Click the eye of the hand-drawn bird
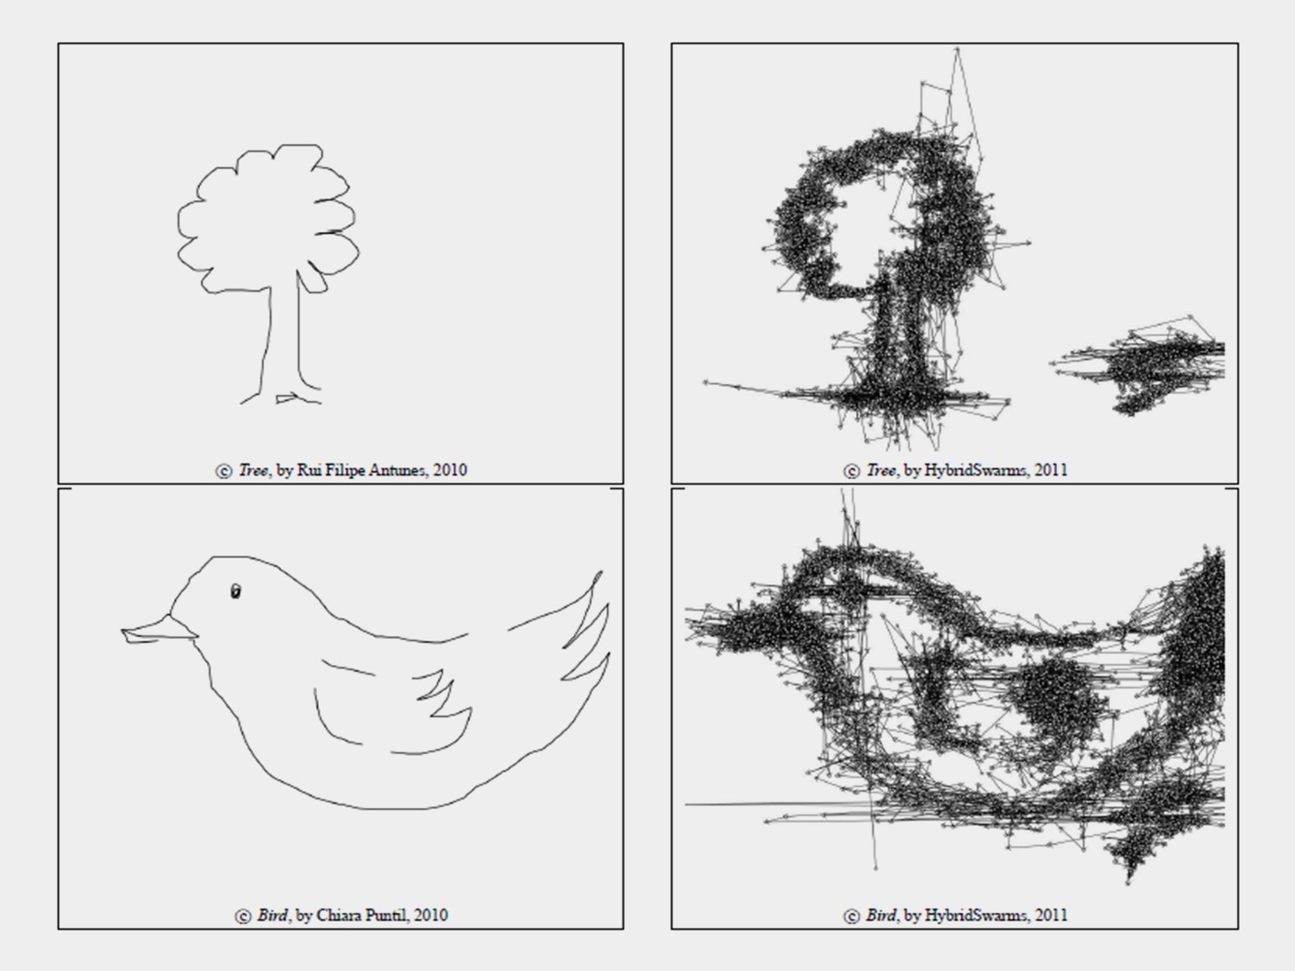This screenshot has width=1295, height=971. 235,591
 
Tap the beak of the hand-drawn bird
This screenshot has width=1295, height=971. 158,631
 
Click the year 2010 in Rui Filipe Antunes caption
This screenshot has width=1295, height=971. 450,471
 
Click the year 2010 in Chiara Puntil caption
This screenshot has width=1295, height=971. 431,916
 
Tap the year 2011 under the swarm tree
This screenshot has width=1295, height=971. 1051,471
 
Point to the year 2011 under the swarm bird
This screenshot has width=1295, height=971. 1051,916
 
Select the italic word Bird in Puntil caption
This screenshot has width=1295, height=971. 272,916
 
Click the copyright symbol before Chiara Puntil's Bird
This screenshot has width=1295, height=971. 243,916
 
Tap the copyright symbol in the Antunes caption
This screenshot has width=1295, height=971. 224,472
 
